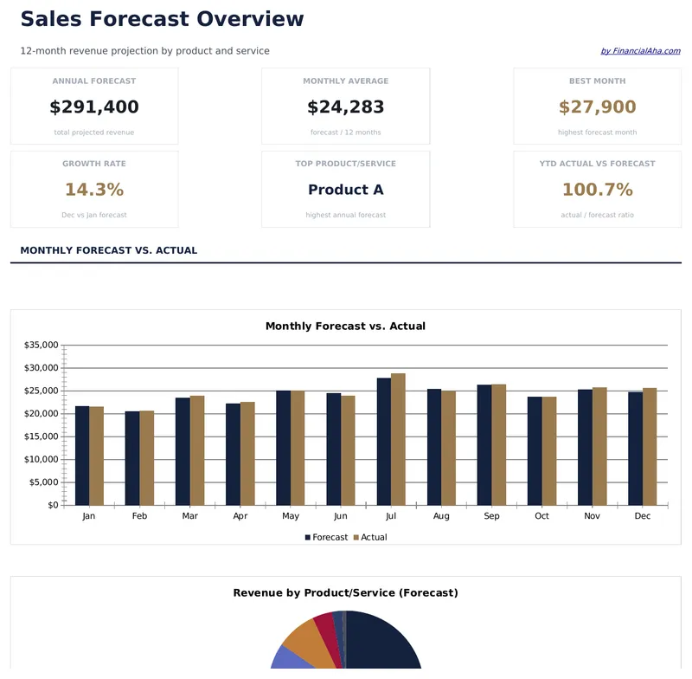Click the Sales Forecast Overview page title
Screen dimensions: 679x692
[162, 19]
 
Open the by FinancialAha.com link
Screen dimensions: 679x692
[640, 51]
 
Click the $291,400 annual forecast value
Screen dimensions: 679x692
[94, 107]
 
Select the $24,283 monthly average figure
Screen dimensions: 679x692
[345, 107]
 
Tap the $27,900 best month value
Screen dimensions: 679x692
[597, 107]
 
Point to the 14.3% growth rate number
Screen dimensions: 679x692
[94, 190]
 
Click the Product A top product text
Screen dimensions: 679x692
[345, 190]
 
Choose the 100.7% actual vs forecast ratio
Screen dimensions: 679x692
[597, 190]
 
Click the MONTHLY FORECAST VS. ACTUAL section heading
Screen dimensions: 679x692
[109, 250]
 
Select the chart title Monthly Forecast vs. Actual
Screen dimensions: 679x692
[345, 327]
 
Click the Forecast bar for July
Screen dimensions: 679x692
[384, 442]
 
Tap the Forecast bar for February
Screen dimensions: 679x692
[132, 458]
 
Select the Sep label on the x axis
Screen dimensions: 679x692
[491, 516]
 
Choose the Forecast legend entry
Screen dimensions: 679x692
[326, 538]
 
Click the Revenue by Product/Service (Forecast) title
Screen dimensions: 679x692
[345, 593]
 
